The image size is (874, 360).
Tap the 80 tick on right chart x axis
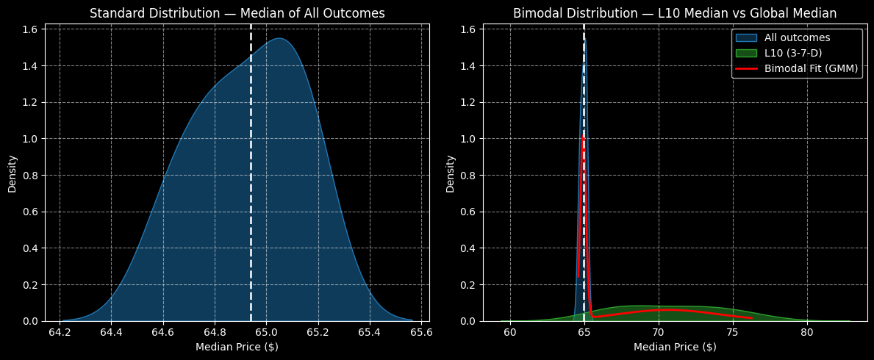coord(807,333)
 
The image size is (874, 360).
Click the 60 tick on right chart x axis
coord(510,333)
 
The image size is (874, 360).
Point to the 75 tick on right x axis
coord(733,333)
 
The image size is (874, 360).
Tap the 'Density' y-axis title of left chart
coord(12,173)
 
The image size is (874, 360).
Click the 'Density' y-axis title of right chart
coord(450,173)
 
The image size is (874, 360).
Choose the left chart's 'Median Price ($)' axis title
coord(237,347)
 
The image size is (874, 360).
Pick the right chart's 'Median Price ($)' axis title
coord(674,347)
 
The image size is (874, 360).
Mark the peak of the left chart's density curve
coord(280,38)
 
